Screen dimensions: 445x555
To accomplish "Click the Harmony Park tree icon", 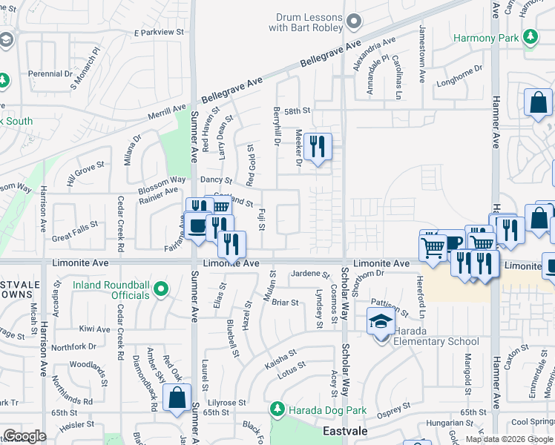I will pos(530,36).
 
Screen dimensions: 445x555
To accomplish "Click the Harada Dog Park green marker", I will pos(277,409).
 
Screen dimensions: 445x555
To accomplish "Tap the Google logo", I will pos(24,436).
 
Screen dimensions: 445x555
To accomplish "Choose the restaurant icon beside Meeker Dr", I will pos(318,147).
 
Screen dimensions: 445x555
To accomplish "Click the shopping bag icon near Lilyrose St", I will pos(178,398).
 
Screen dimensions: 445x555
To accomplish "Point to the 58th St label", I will pos(296,111).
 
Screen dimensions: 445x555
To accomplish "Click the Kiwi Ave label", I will pos(94,329).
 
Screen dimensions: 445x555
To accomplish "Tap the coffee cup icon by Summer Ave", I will pos(197,225).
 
